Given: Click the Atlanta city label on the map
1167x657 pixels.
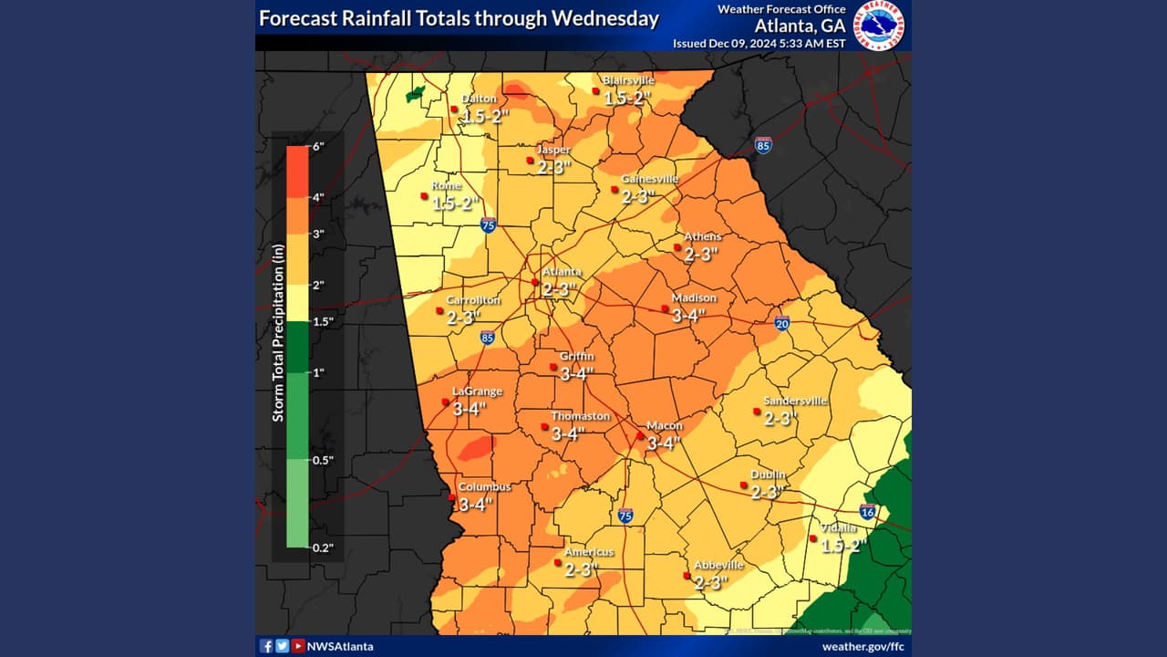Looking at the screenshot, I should click(x=562, y=272).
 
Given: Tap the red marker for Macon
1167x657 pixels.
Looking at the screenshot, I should click(x=640, y=436).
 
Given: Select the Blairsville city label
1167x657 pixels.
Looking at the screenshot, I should click(x=628, y=80).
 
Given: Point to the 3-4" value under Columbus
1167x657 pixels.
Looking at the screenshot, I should click(x=476, y=504).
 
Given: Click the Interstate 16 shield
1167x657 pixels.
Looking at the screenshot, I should click(x=868, y=512).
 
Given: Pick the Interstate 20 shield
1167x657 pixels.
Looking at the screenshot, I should click(x=782, y=323).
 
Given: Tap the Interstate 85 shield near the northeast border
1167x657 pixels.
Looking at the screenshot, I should click(x=763, y=144).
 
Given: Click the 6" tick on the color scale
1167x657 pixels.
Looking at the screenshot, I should click(x=317, y=146).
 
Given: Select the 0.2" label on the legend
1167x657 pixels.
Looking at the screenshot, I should click(x=323, y=547).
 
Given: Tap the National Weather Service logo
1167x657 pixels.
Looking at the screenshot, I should click(x=878, y=25).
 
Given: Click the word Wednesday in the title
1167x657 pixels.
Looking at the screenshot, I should click(x=604, y=18).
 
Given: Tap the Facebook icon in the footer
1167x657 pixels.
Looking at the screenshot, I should click(x=266, y=646).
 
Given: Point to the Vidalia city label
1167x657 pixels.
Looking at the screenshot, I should click(x=838, y=527).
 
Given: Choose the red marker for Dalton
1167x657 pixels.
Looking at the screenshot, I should click(x=454, y=109).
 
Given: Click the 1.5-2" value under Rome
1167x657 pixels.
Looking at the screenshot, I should click(x=455, y=203).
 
